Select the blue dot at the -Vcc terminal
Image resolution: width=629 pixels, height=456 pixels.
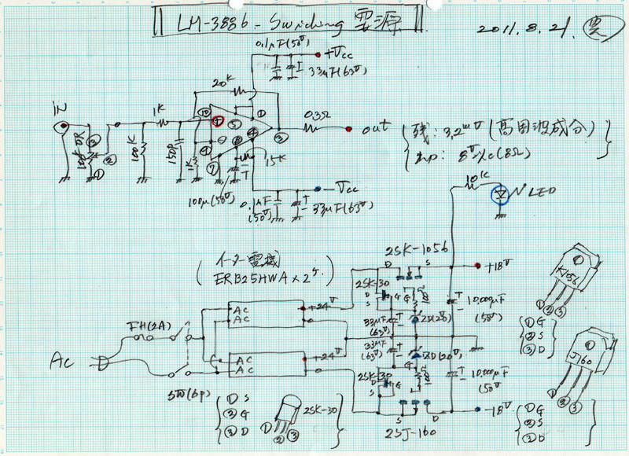tap(316, 189)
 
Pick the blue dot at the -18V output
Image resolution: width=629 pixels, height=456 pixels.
tap(479, 409)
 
